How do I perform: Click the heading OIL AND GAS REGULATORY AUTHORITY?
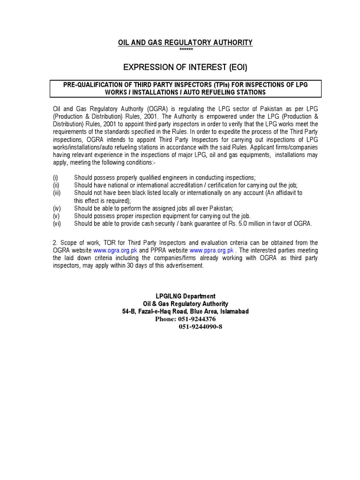click(185, 43)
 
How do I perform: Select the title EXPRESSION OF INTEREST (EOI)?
click(185, 67)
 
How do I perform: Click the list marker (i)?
click(55, 178)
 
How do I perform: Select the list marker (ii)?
click(56, 185)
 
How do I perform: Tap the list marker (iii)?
click(56, 193)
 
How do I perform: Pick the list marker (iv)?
click(56, 208)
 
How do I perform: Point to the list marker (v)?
click(56, 216)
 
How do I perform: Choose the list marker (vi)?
click(56, 224)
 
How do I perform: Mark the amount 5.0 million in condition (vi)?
click(261, 224)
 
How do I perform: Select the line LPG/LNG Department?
click(186, 296)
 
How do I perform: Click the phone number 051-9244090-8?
click(200, 327)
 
